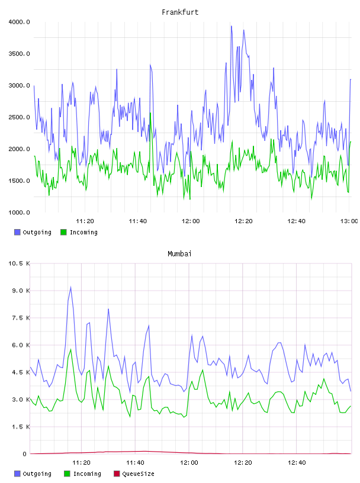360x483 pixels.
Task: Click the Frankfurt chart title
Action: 180,12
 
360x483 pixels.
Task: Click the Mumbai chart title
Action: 179,254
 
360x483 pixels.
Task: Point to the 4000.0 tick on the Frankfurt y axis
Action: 19,22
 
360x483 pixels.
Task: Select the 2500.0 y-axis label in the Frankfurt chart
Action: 19,117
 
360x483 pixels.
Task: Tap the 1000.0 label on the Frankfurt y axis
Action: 19,212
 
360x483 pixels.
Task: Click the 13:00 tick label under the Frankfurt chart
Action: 349,221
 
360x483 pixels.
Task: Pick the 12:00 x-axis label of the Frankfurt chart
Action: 191,221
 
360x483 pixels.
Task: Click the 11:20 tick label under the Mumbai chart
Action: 81,463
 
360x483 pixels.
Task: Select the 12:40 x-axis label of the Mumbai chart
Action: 297,463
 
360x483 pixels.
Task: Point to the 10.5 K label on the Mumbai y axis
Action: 19,263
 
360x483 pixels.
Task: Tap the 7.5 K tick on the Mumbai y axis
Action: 21,318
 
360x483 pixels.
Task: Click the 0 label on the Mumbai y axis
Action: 25,454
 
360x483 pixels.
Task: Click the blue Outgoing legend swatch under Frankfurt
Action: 17,232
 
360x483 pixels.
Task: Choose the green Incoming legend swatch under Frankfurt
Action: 63,232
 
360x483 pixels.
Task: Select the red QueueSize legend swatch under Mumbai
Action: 117,474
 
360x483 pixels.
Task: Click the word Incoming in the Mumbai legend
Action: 87,474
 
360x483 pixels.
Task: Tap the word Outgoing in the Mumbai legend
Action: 37,474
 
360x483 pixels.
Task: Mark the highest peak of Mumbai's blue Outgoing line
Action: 71,287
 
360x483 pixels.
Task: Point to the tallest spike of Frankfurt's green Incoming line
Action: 150,113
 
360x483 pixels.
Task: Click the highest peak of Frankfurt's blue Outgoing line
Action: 232,26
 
